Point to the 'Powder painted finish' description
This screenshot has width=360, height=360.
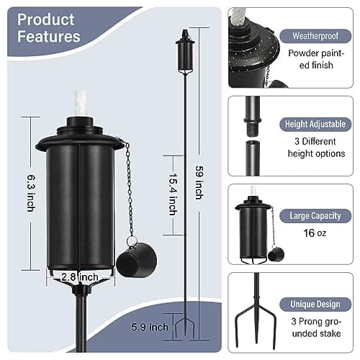pos(316,59)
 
